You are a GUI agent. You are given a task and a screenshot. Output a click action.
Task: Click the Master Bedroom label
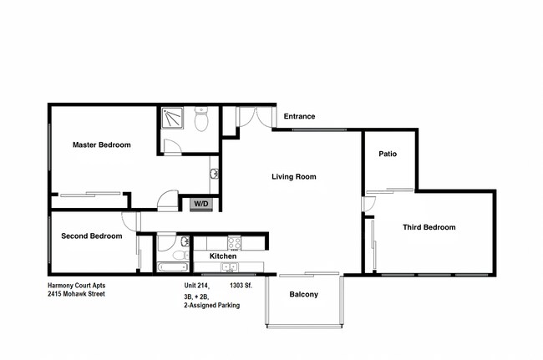[x=101, y=145]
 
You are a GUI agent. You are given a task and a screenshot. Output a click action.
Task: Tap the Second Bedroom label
[x=91, y=236]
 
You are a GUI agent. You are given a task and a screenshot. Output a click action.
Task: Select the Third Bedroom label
[x=429, y=227]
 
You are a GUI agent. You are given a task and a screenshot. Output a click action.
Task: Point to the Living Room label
[x=293, y=176]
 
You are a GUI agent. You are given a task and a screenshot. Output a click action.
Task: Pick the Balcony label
[x=303, y=294]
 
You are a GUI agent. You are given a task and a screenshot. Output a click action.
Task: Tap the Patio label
[x=387, y=154]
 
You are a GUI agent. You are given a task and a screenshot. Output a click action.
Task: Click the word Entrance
[x=299, y=116]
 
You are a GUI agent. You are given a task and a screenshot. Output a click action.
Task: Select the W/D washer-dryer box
[x=201, y=204]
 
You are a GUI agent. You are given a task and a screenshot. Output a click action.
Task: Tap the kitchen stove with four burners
[x=234, y=244]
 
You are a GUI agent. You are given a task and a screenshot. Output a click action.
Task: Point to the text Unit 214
[x=198, y=285]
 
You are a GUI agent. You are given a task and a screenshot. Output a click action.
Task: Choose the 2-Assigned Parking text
[x=211, y=306]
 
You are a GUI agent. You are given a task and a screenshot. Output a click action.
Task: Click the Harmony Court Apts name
[x=76, y=285]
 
